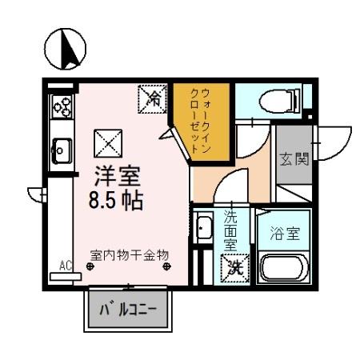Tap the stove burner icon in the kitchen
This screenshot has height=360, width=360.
coord(62,104)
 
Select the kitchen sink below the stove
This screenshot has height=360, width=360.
coord(62,148)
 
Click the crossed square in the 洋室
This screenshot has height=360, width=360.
coord(106,143)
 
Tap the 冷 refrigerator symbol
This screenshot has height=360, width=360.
coord(154,98)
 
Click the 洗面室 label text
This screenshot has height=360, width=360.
coord(230,230)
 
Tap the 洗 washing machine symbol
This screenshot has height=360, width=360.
coord(233,267)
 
